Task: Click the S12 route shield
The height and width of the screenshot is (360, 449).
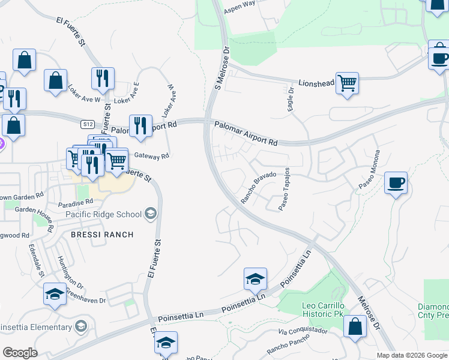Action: click(x=88, y=124)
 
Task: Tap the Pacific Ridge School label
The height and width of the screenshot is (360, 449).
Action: click(x=104, y=214)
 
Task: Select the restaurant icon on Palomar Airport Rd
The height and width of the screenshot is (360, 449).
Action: click(x=140, y=127)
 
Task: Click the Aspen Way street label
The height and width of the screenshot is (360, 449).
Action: click(x=239, y=11)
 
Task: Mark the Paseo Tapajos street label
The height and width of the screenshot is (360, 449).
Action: click(x=284, y=189)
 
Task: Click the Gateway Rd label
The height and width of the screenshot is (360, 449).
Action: click(x=152, y=156)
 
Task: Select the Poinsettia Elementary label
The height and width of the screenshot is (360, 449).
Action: click(x=37, y=327)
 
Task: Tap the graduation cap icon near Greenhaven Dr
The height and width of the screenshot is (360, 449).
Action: click(x=55, y=295)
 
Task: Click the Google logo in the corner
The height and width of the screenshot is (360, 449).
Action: click(x=20, y=352)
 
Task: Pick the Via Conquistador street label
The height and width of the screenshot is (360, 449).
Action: click(x=303, y=331)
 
